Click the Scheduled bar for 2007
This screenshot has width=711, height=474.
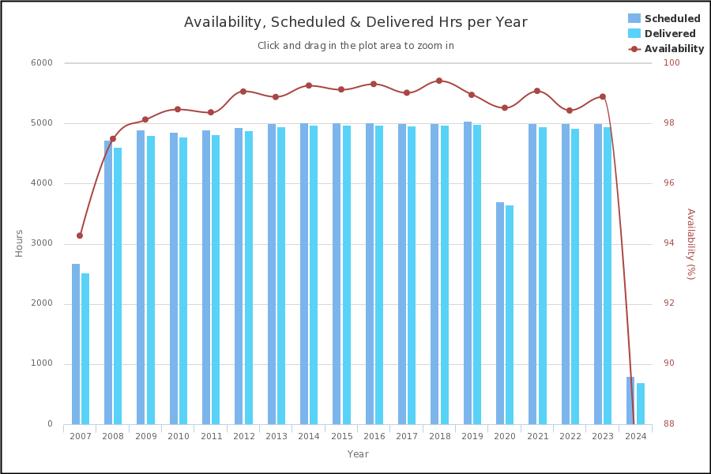tap(76, 344)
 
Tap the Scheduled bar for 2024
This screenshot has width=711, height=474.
tap(630, 401)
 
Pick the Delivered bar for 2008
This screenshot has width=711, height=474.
tap(118, 286)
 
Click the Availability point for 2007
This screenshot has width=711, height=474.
tap(80, 235)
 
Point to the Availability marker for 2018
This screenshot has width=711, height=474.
tap(439, 81)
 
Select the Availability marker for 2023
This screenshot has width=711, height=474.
tap(603, 96)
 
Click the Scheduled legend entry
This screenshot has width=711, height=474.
tap(671, 19)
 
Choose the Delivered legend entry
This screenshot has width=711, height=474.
tap(669, 34)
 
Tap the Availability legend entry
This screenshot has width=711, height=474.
tap(673, 49)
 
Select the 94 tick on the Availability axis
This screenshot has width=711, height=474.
tap(668, 243)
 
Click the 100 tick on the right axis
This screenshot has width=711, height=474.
tap(671, 63)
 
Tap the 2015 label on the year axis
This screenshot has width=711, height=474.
tap(341, 437)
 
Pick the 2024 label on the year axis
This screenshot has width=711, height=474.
tap(635, 437)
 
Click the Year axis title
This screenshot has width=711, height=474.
tap(358, 454)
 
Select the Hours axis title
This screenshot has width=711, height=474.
tap(19, 243)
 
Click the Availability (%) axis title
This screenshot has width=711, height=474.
tap(690, 243)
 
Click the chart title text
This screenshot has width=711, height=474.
tap(355, 22)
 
